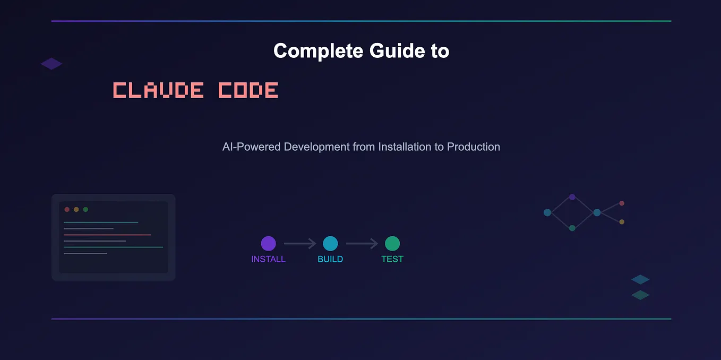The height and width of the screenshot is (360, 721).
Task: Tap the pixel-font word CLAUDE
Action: tap(158, 90)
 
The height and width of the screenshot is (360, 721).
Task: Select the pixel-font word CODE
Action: tap(248, 90)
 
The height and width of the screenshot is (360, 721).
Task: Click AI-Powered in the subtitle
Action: tap(251, 147)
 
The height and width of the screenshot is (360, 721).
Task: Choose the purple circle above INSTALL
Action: tap(269, 244)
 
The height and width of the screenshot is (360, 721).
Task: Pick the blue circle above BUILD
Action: tap(330, 244)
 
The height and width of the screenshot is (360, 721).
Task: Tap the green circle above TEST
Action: tap(392, 244)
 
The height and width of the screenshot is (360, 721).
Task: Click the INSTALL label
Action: tap(268, 259)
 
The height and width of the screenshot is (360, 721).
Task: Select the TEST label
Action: tap(392, 259)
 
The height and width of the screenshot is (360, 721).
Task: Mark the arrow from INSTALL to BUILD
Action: tap(299, 244)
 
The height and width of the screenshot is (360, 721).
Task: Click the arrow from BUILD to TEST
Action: tap(362, 244)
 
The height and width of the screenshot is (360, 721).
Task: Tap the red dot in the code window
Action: tap(67, 209)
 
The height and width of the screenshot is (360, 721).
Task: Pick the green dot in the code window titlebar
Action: tap(85, 209)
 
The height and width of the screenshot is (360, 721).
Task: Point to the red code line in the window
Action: tap(107, 235)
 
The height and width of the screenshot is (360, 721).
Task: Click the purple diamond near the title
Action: tap(51, 64)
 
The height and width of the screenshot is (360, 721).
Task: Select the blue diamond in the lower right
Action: tap(640, 279)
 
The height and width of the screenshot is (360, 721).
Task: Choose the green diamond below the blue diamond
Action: tap(640, 295)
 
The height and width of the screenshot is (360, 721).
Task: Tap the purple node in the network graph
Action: tap(572, 197)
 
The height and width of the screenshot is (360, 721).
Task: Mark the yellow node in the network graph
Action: tap(622, 222)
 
